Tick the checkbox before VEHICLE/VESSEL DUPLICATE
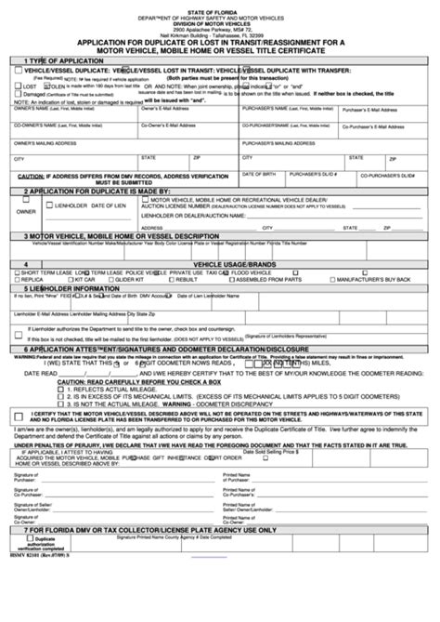[22, 70]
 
